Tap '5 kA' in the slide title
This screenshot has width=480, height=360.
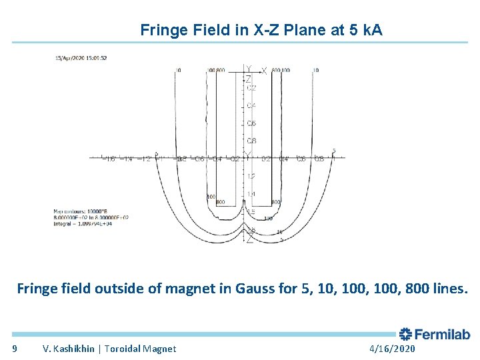[366, 30]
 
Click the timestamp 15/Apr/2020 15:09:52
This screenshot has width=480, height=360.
[81, 58]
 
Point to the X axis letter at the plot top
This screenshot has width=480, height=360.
[264, 71]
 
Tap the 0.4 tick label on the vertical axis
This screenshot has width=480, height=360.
[251, 106]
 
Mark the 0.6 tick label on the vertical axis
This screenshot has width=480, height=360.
[251, 124]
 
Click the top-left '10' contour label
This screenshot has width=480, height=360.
[177, 70]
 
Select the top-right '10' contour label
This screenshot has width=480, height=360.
[315, 70]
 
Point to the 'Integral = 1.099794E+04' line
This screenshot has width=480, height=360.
[82, 223]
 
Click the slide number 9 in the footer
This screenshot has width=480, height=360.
[15, 349]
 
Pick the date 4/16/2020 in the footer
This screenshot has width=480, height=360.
[391, 349]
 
